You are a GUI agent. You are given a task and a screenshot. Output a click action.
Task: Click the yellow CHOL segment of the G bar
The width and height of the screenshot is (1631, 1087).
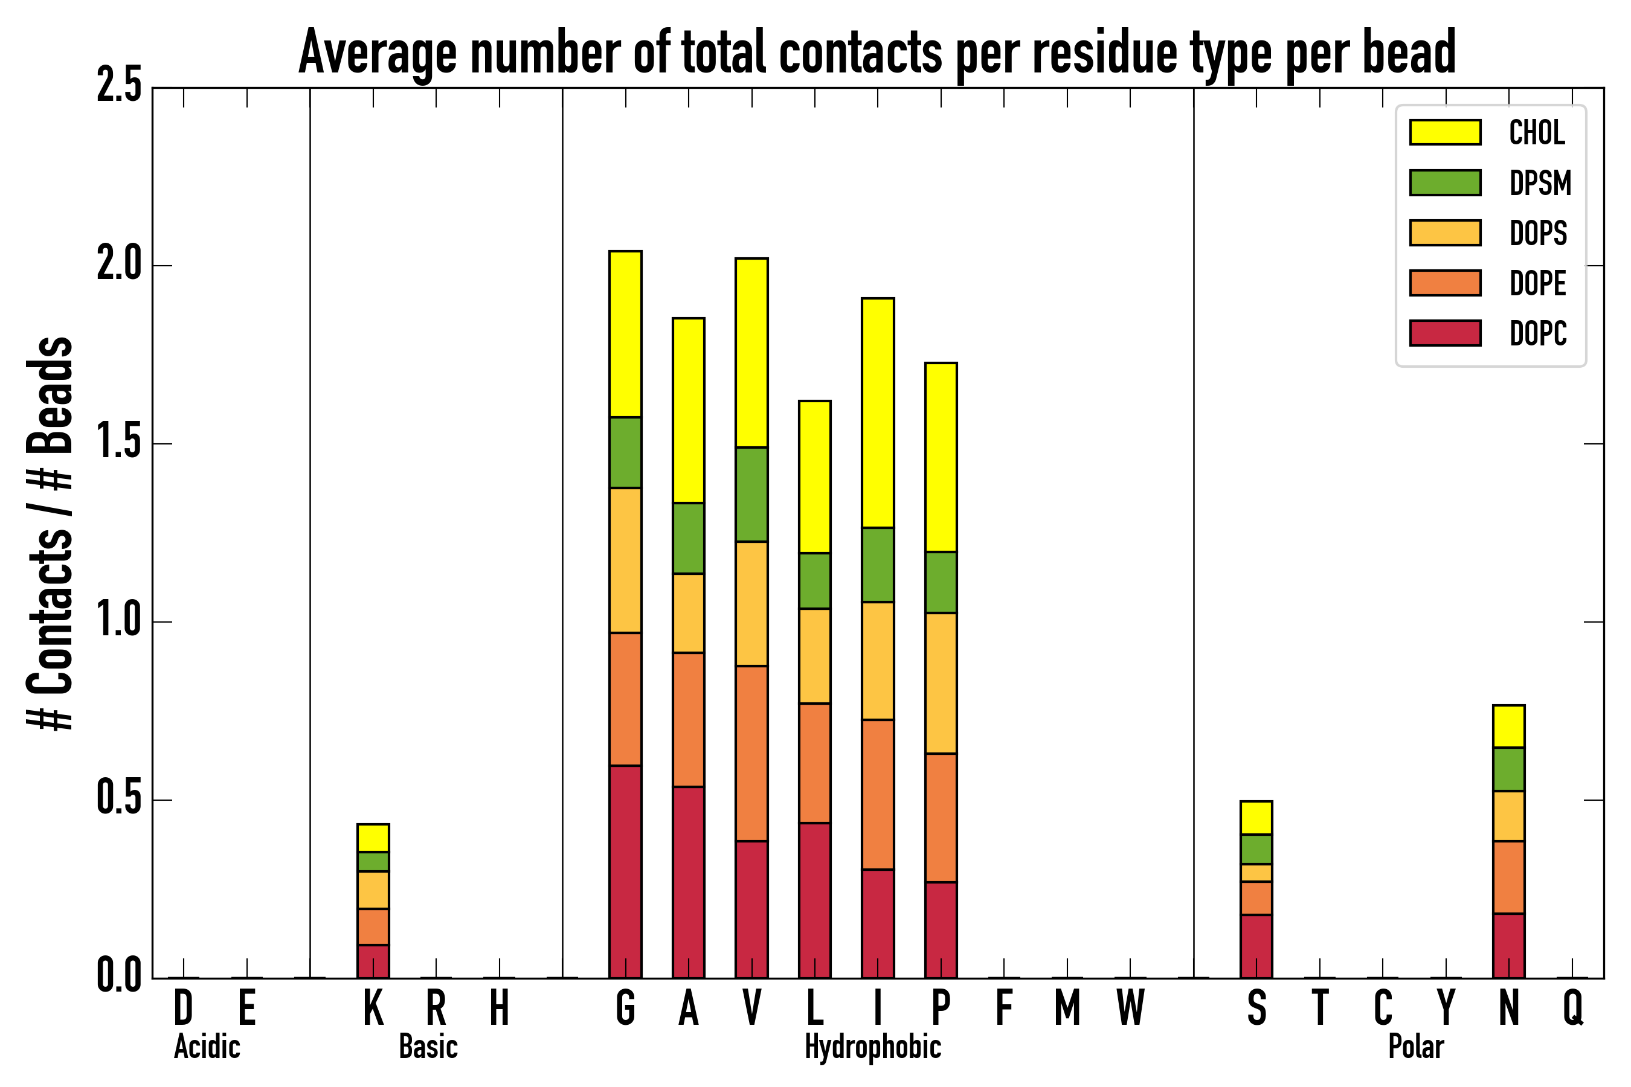tap(625, 333)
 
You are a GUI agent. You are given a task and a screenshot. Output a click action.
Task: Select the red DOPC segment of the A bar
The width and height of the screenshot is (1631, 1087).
tap(688, 882)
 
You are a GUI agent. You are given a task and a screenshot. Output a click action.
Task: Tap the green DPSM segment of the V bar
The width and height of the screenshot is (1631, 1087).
tap(751, 494)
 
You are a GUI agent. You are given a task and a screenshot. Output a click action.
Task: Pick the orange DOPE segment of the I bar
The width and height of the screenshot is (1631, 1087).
tap(877, 795)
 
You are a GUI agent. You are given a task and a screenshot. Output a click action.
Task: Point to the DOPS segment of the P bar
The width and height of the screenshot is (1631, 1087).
tap(941, 683)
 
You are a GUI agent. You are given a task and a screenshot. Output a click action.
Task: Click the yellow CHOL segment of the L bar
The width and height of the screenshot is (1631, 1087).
tap(814, 477)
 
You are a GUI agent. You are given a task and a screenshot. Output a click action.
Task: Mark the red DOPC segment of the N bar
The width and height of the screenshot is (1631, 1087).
tap(1508, 946)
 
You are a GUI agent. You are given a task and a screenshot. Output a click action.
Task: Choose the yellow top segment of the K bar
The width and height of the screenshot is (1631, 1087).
tap(373, 838)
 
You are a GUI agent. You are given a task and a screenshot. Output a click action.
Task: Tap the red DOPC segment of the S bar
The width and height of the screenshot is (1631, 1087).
tap(1256, 946)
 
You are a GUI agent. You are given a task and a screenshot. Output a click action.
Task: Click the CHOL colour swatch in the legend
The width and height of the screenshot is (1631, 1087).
tap(1445, 132)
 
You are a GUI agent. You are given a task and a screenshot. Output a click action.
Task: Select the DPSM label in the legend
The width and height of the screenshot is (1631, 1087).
tap(1540, 183)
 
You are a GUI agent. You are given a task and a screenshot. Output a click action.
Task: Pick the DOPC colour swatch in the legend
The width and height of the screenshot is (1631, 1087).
tap(1445, 333)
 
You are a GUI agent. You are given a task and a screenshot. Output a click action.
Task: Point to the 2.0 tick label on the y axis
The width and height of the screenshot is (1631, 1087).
tap(118, 265)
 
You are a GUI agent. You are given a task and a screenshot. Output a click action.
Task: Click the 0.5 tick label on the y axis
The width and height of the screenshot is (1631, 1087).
tap(118, 800)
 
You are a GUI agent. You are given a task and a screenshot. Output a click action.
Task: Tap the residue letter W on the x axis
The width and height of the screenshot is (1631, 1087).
tap(1130, 1008)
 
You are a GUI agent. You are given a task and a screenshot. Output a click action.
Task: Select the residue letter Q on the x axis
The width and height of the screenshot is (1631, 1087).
tap(1573, 1008)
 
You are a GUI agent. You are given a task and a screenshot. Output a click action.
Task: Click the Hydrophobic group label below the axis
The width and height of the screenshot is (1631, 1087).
tap(872, 1047)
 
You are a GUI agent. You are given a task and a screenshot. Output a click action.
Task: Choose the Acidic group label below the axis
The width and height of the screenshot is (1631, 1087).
tap(207, 1047)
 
